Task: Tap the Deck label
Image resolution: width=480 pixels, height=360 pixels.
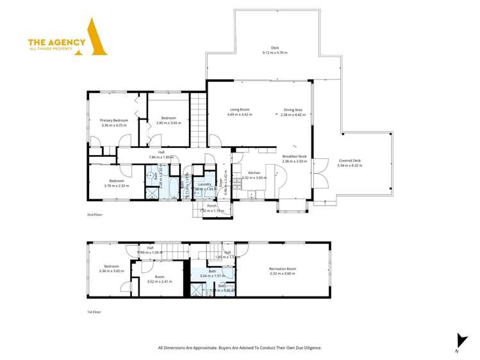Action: coord(275,47)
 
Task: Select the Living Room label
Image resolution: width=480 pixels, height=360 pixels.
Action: coord(240,110)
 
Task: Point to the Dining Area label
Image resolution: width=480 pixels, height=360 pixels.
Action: coord(294,110)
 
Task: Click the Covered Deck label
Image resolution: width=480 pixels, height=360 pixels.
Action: coord(349,160)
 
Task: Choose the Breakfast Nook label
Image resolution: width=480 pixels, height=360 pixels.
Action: coord(295,156)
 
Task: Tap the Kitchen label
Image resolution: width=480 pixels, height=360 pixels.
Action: coord(253,173)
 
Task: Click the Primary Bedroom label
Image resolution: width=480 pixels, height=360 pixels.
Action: coord(114,120)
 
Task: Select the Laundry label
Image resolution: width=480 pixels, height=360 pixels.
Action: coord(205,184)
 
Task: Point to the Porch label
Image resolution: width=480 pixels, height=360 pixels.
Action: coord(211,206)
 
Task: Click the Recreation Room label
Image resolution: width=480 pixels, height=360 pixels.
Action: coord(282,268)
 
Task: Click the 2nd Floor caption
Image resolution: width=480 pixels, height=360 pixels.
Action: coord(94,215)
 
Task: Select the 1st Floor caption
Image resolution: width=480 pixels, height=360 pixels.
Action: coord(94,312)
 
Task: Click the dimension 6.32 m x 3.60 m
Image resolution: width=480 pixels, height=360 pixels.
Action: coord(282,273)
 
